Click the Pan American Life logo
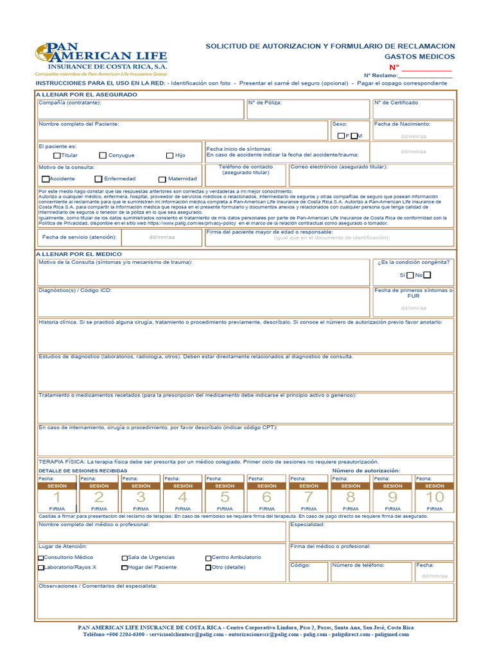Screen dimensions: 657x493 pos(101,60)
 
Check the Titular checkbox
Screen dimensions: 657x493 pos(56,155)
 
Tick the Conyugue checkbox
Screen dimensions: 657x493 pos(103,155)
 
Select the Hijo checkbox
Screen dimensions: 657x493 pos(169,155)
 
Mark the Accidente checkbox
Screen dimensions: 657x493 pos(46,179)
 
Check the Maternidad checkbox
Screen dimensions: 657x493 pos(163,179)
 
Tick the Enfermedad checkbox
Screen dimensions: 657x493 pos(98,179)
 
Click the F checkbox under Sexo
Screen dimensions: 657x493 pos(342,136)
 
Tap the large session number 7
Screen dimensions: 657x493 pos(309,497)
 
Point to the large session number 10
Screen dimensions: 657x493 pos(435,497)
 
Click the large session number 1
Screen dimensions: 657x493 pos(57,497)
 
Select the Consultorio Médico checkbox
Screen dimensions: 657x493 pos(41,558)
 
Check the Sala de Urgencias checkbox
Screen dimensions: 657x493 pos(125,558)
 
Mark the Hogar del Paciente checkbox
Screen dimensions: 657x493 pos(125,568)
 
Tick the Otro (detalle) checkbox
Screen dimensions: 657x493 pos(208,568)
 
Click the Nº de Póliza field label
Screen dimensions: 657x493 pos(264,103)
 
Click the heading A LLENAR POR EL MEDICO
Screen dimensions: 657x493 pos(78,254)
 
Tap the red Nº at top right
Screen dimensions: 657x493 pos(394,67)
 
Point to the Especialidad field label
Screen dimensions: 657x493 pos(307,524)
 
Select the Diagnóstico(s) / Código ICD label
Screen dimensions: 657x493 pos(75,290)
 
